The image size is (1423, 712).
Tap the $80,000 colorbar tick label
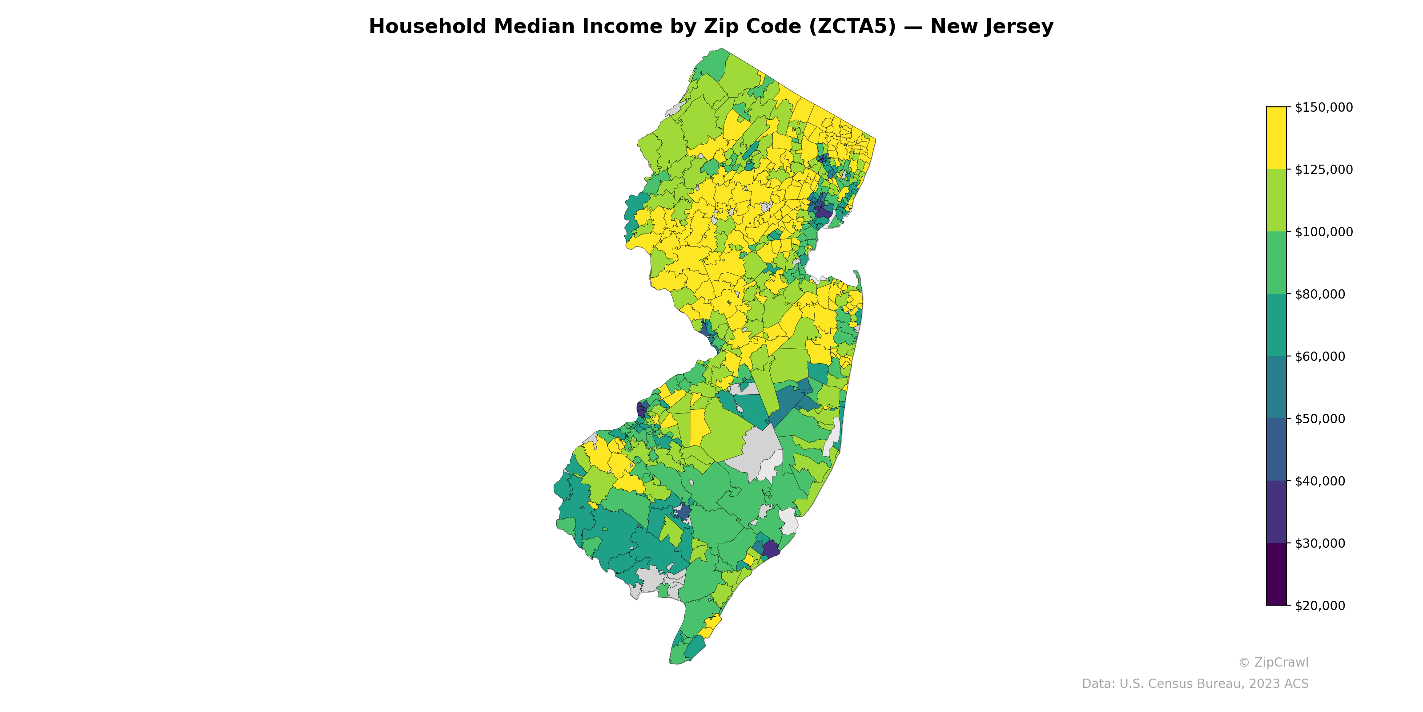(1320, 294)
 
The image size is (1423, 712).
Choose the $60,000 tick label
(1320, 356)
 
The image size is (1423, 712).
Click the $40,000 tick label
(1320, 481)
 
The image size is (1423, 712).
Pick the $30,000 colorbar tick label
(1320, 543)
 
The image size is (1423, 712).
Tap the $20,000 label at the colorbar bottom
(1320, 606)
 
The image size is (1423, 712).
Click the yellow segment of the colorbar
(1276, 138)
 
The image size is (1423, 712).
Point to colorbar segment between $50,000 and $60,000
(1276, 388)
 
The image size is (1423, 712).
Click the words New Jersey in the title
(992, 27)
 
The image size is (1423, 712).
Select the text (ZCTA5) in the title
(852, 27)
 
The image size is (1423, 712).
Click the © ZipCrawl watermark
(1273, 662)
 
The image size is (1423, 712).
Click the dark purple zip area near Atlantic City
(771, 550)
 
